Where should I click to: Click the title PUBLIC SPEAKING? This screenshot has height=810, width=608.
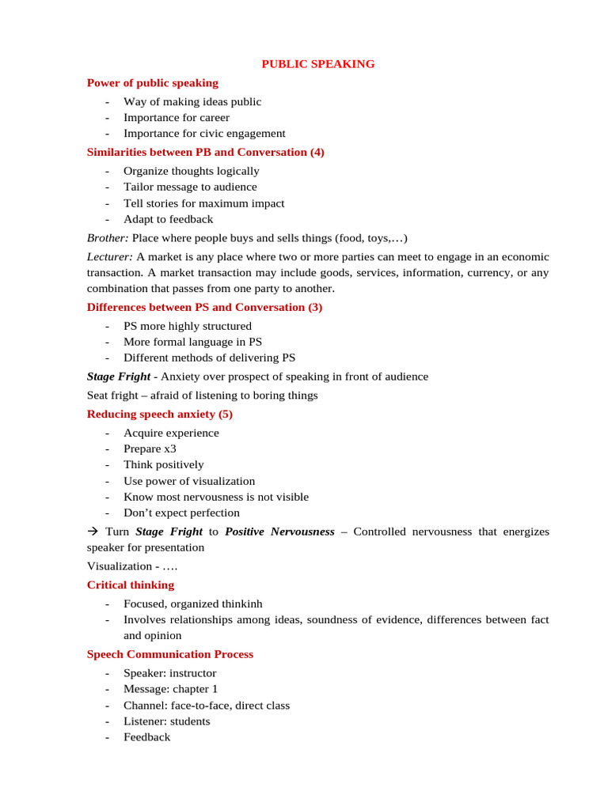pos(318,64)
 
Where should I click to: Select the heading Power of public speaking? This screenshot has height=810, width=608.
pos(152,83)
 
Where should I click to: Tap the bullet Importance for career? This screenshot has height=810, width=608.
pos(171,118)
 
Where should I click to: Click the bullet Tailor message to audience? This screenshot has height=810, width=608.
pos(190,187)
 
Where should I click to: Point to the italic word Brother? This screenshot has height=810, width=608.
pos(108,238)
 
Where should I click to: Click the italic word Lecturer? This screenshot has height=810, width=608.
pos(110,257)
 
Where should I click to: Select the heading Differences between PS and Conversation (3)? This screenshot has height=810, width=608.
pos(204,307)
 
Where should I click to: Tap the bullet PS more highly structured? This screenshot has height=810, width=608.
pos(188,326)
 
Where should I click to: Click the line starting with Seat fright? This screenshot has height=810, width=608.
pos(202,396)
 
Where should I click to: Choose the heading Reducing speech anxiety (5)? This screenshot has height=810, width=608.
pos(159,414)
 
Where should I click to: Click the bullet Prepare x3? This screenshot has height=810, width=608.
pos(150,449)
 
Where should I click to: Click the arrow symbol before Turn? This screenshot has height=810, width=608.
pos(93,532)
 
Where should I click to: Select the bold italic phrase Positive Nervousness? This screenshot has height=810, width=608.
pos(279,532)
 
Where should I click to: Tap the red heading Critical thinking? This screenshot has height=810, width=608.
pos(130,585)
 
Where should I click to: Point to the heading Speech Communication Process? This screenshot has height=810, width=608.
pos(169,654)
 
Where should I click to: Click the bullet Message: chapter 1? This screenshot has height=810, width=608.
pos(170,689)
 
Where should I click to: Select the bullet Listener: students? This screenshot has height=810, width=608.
pos(167,721)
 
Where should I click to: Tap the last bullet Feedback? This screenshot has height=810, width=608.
pos(146,737)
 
